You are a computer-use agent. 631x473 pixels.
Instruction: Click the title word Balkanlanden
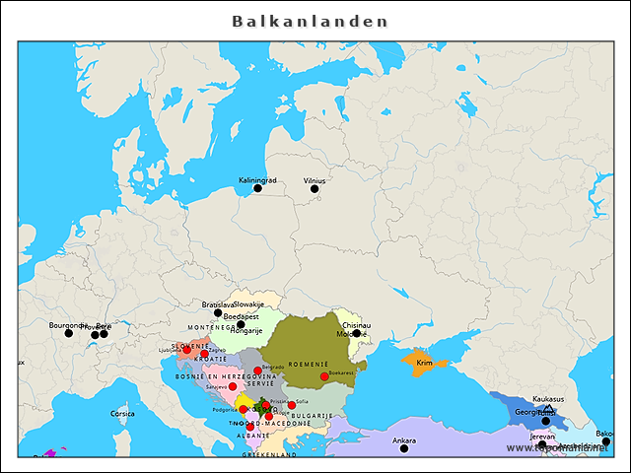click(311, 21)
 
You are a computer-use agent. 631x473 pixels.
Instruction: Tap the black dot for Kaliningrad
click(258, 188)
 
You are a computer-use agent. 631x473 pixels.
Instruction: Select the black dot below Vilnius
click(315, 189)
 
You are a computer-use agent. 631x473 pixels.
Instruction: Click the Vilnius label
click(315, 180)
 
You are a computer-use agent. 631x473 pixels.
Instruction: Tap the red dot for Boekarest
click(324, 376)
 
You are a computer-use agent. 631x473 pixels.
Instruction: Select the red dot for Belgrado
click(258, 372)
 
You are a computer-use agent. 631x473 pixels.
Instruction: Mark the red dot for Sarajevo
click(233, 386)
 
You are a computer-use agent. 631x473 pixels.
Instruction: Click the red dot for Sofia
click(292, 405)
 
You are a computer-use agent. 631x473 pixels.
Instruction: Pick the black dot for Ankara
click(404, 448)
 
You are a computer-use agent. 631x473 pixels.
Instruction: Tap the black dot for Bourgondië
click(69, 333)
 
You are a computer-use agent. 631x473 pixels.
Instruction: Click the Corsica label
click(122, 414)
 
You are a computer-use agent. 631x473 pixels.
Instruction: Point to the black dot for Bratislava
click(218, 313)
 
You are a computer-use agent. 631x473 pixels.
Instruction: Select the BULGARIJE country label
click(312, 416)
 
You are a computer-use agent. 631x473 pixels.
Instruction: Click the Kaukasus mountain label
click(548, 399)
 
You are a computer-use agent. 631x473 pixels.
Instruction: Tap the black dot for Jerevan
click(542, 444)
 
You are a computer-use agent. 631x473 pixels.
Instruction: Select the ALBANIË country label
click(252, 435)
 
